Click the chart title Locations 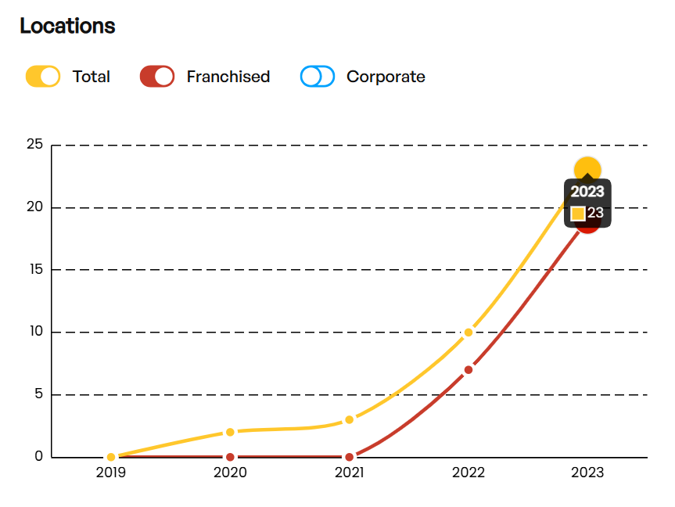[67, 26]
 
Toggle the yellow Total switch [43, 77]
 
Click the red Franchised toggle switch [156, 77]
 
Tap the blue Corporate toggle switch [318, 77]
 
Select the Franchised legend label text [228, 77]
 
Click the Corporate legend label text [386, 77]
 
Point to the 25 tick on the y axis [34, 145]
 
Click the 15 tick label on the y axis [34, 270]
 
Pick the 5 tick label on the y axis [38, 394]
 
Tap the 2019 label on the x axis [111, 473]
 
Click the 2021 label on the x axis [349, 473]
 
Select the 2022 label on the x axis [469, 473]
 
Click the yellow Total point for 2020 [230, 432]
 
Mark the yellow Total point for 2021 [349, 419]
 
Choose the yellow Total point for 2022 [469, 333]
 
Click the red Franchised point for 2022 [469, 369]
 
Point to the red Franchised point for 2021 [349, 457]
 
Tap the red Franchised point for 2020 [230, 457]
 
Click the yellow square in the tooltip [578, 214]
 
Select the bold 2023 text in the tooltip [587, 192]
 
